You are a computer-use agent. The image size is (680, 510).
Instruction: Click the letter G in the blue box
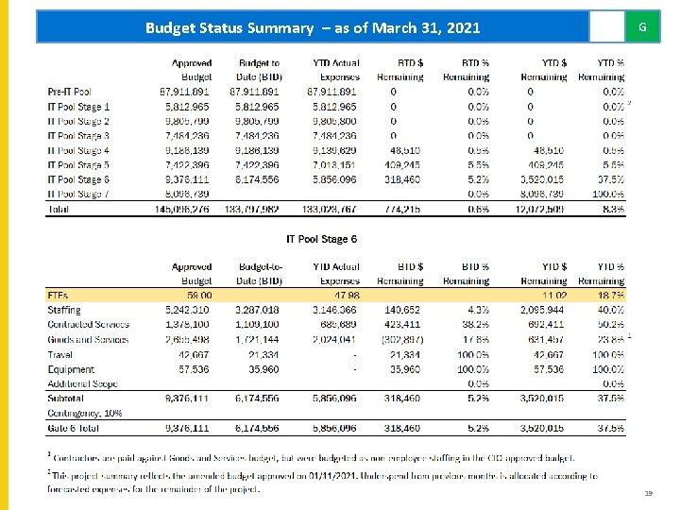tap(642, 27)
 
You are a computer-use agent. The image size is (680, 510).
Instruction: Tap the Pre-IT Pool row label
tap(70, 93)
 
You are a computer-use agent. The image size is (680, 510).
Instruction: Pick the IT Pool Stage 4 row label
tap(78, 150)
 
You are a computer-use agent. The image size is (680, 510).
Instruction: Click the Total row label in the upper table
tap(59, 209)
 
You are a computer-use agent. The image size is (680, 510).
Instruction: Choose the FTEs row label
tap(58, 296)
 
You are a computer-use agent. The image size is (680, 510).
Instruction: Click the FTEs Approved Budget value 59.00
tap(198, 296)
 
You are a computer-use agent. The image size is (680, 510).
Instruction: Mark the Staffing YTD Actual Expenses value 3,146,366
tap(335, 310)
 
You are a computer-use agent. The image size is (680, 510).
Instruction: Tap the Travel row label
tap(60, 355)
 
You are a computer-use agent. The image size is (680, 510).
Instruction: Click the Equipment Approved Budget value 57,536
tap(195, 369)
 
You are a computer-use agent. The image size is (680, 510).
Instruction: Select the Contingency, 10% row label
tap(86, 413)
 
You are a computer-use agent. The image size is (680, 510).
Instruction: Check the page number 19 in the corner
tap(647, 492)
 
